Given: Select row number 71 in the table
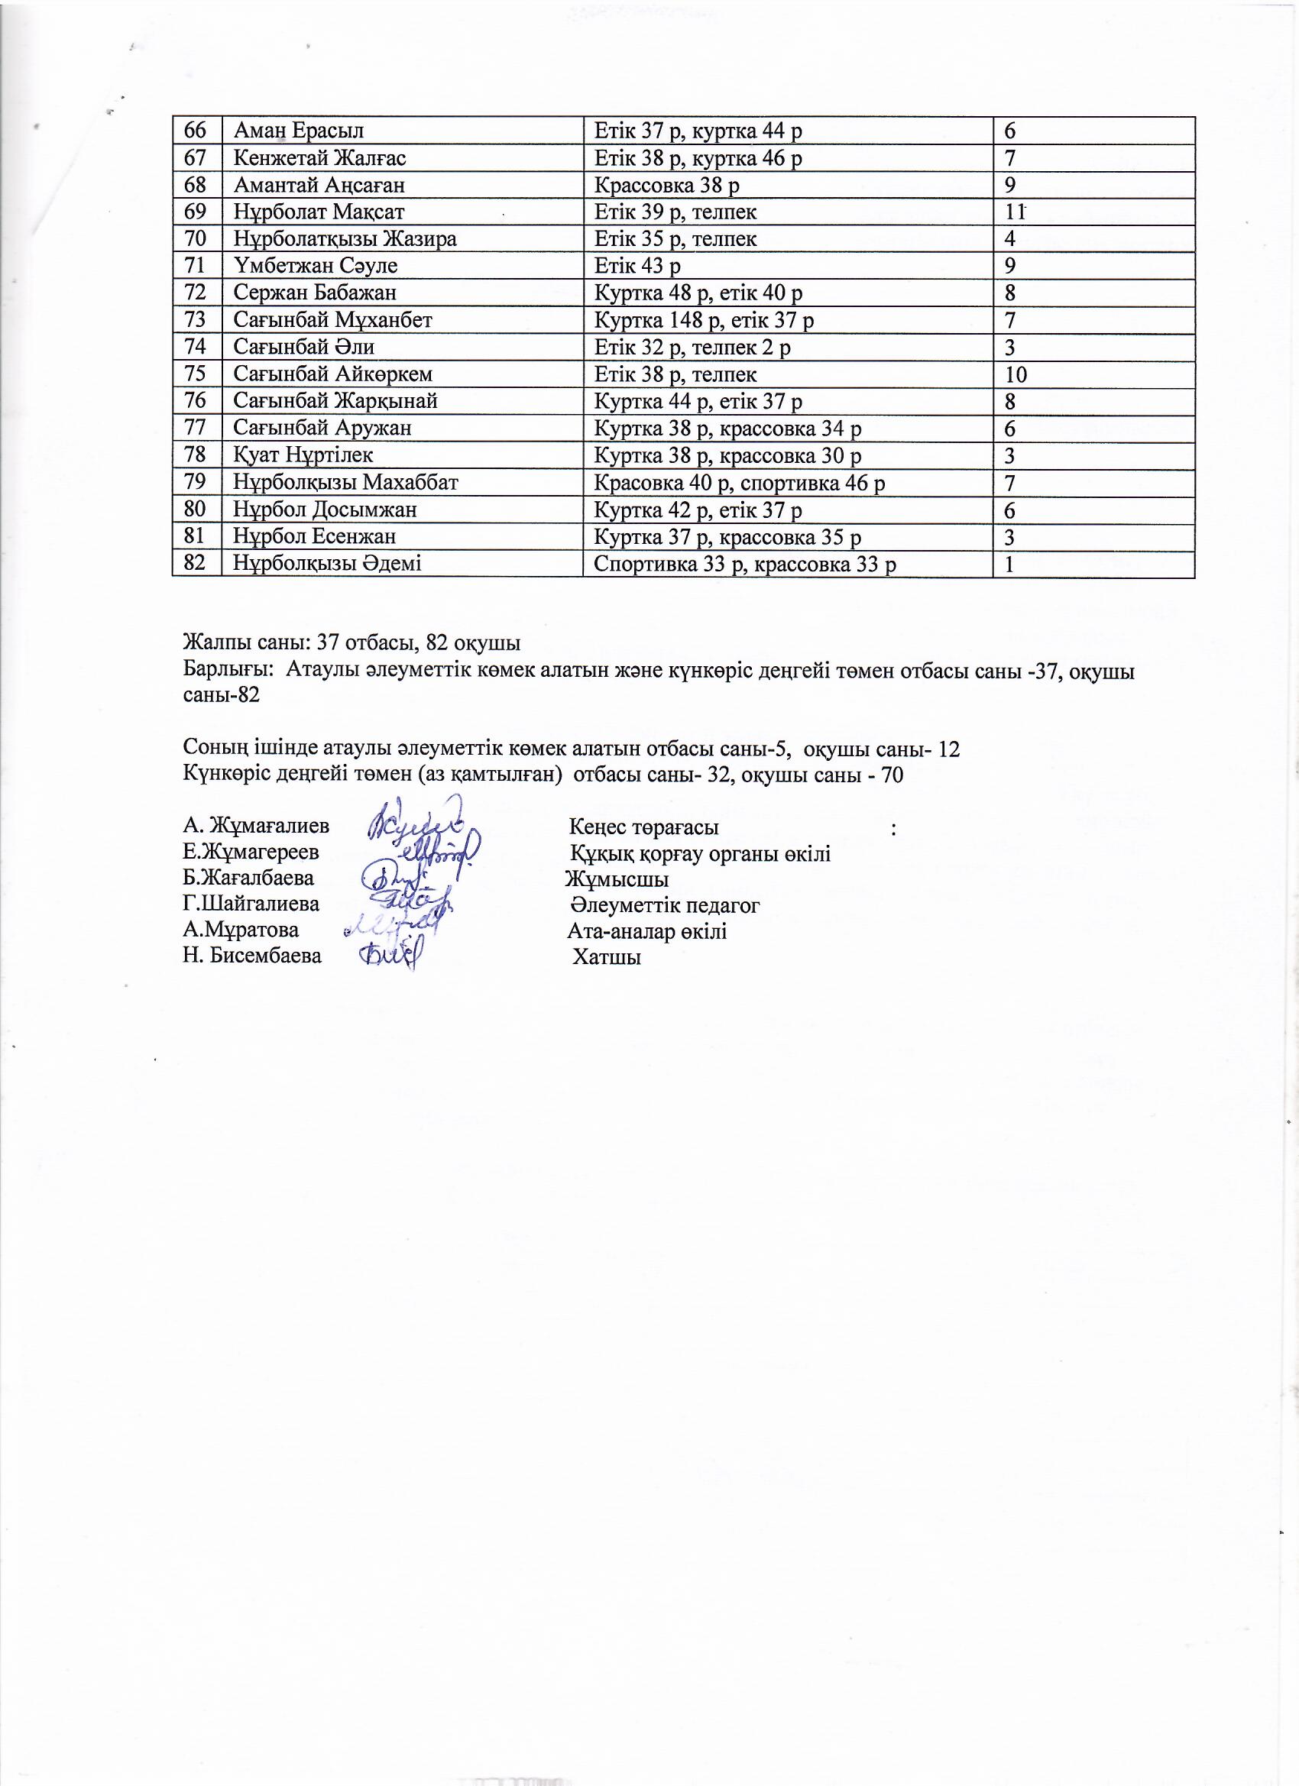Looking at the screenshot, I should pyautogui.click(x=195, y=265).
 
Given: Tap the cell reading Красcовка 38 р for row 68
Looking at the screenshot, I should pyautogui.click(x=666, y=185).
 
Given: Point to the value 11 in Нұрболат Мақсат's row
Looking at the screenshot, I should pyautogui.click(x=1015, y=212).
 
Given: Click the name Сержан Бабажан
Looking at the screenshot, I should pyautogui.click(x=314, y=293).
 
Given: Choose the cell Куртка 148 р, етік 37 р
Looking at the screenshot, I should pyautogui.click(x=704, y=321).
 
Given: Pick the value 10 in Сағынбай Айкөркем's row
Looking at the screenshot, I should pyautogui.click(x=1016, y=375).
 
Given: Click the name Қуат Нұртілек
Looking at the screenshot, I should pyautogui.click(x=303, y=455).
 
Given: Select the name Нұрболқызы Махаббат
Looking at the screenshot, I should pyautogui.click(x=345, y=482).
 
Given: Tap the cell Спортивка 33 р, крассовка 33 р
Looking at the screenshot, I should pyautogui.click(x=744, y=564).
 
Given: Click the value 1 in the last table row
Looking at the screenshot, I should pyautogui.click(x=1009, y=564).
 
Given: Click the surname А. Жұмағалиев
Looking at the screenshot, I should pyautogui.click(x=256, y=825).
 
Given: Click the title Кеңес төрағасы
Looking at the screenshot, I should pyautogui.click(x=643, y=827).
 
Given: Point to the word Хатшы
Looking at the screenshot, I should pyautogui.click(x=607, y=958).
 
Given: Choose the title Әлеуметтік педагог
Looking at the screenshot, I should pyautogui.click(x=665, y=905).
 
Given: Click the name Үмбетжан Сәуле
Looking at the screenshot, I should pyautogui.click(x=315, y=265).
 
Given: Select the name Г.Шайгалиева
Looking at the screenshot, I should pyautogui.click(x=251, y=903).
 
